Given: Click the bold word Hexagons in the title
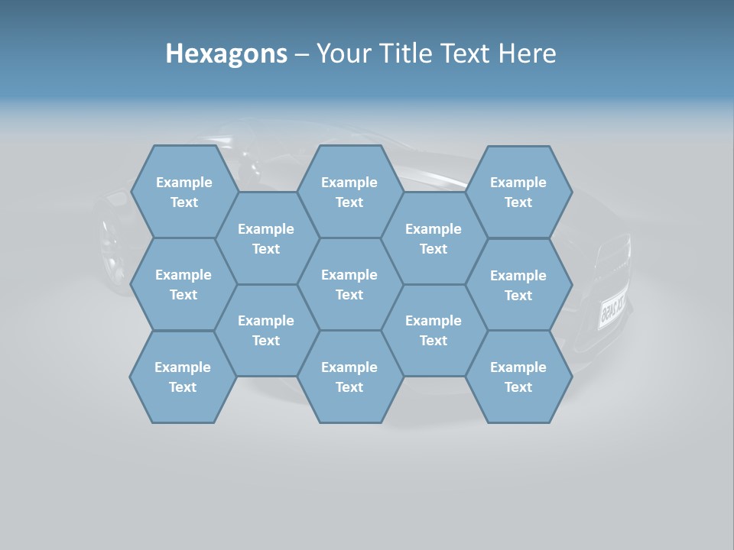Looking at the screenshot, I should pos(226,53).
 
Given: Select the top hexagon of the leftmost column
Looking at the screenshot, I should pos(184,192).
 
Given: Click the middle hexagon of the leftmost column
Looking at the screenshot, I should pos(183,284).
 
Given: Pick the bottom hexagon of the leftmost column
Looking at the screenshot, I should pos(183,377).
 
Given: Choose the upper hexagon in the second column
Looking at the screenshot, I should pos(266,238).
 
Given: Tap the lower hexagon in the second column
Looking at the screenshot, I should pos(266,330).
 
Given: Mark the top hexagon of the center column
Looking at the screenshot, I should pos(349,192).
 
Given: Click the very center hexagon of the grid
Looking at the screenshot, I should pos(349,284).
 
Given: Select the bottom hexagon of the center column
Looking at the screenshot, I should pos(349,377).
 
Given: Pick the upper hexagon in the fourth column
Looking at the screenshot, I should pos(434,238).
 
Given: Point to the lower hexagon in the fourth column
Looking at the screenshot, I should pos(434,330).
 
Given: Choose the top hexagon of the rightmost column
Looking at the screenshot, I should pos(518,192).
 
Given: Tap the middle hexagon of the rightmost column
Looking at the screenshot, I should pos(518,285).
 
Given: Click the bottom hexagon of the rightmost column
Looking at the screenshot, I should pos(518,377).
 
